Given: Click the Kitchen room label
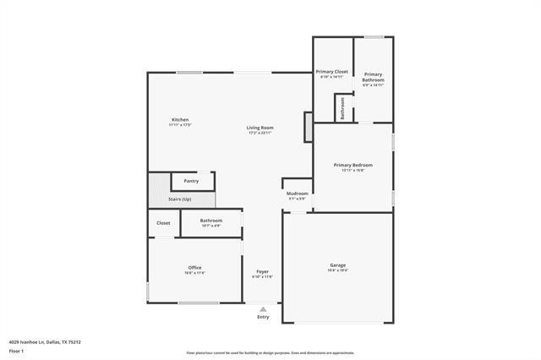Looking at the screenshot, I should (179, 120).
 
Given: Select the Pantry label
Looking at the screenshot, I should (191, 180).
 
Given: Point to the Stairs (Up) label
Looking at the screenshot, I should (179, 199).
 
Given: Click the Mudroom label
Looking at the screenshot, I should (297, 194).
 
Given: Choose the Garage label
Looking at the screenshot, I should (337, 265).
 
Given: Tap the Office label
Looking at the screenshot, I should (194, 268).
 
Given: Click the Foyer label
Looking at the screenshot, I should (263, 272).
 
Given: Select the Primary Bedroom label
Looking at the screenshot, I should (352, 165).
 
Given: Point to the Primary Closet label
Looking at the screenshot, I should (332, 72).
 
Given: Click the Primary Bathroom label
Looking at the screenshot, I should (374, 76).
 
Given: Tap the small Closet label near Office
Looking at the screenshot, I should (163, 223).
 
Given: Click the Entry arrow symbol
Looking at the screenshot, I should (263, 309).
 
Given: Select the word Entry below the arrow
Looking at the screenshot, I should (263, 317).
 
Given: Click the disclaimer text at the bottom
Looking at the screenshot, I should (270, 353).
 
